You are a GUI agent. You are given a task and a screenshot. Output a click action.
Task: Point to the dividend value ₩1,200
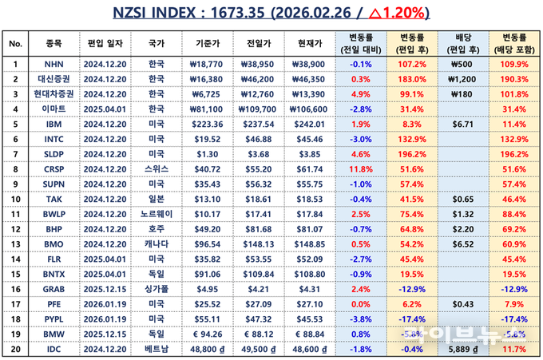(x=462, y=78)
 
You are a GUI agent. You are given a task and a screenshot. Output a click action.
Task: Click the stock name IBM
(x=54, y=125)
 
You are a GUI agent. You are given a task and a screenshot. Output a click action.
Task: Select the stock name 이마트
(x=54, y=109)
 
